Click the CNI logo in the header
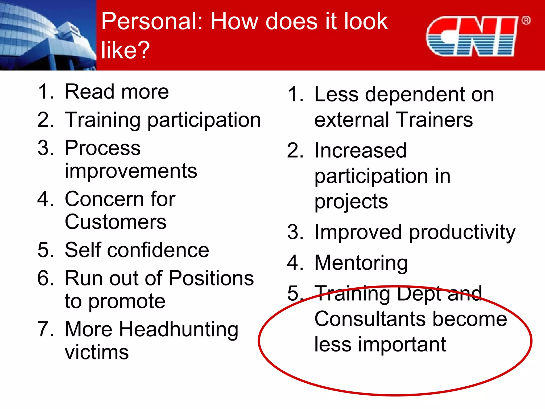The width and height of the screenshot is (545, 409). [x=472, y=36]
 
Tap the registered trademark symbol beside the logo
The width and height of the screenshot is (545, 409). [x=526, y=21]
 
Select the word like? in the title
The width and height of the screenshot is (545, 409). [x=125, y=50]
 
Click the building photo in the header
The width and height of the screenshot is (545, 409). [x=48, y=35]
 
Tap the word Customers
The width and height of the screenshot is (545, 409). [x=115, y=222]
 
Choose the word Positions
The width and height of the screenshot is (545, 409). [x=211, y=278]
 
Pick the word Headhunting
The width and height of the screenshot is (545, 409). [x=178, y=330]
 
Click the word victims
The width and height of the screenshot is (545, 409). [x=97, y=352]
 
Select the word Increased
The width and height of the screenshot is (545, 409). [x=361, y=150]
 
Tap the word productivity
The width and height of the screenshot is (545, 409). [x=462, y=232]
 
